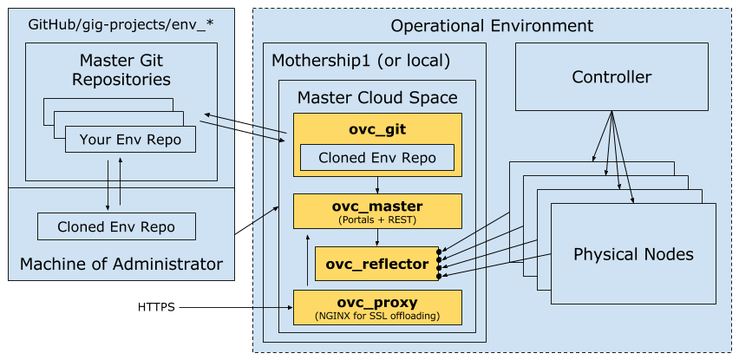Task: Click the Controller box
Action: click(611, 77)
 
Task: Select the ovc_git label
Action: click(376, 130)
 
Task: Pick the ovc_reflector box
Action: click(376, 263)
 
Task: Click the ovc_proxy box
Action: click(376, 307)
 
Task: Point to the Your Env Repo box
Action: click(129, 139)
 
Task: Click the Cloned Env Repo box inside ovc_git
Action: click(376, 158)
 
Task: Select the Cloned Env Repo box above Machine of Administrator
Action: click(116, 227)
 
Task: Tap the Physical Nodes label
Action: click(633, 254)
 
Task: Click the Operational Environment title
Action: click(491, 25)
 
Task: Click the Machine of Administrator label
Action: click(121, 264)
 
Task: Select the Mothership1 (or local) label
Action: click(361, 61)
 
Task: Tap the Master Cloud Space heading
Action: click(376, 97)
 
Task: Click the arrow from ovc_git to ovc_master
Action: click(376, 185)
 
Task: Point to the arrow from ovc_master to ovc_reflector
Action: click(376, 237)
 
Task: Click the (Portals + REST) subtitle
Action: click(376, 220)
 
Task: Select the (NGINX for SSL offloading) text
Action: click(376, 316)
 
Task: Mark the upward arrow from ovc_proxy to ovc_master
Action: click(306, 260)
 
